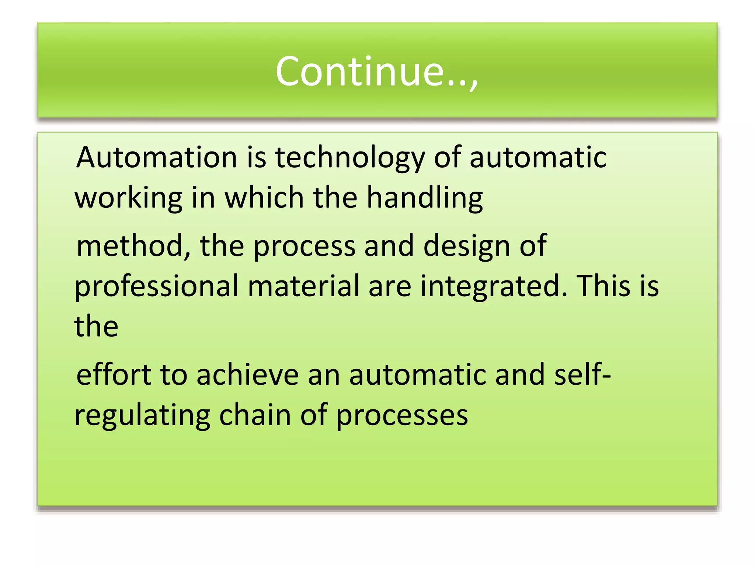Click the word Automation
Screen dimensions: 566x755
(156, 157)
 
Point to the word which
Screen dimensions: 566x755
(264, 198)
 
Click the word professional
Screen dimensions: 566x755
(156, 287)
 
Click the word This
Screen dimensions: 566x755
(603, 286)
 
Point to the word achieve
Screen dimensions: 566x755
(247, 375)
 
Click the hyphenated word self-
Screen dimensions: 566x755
(582, 375)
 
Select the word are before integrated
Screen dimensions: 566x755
(390, 287)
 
